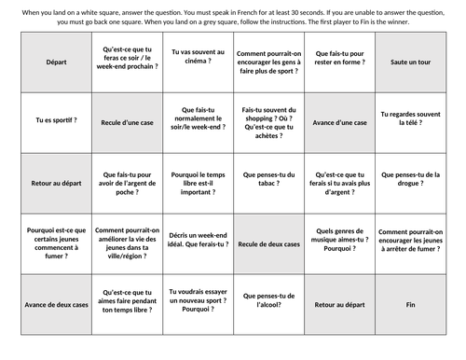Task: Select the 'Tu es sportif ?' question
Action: point(44,120)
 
